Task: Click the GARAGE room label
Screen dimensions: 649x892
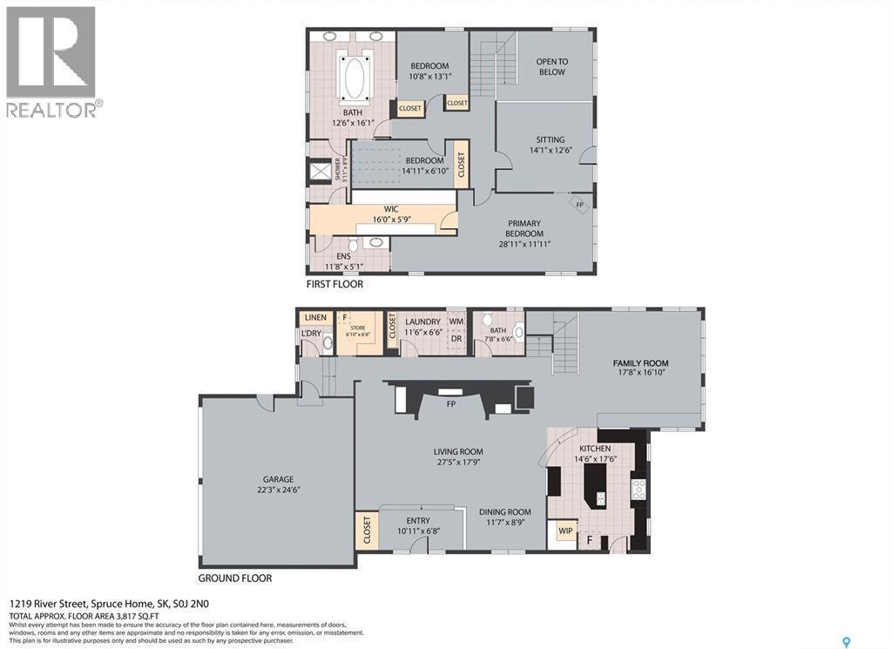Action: [x=279, y=479]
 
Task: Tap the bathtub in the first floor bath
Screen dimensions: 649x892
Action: [x=355, y=80]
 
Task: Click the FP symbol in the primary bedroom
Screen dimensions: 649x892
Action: [x=579, y=204]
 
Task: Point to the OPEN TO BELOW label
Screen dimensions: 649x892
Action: [x=551, y=66]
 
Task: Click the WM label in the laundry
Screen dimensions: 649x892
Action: [x=456, y=322]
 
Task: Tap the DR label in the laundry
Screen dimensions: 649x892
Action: [x=456, y=338]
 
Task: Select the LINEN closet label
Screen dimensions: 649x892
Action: [x=314, y=318]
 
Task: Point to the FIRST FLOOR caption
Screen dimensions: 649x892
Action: [x=334, y=284]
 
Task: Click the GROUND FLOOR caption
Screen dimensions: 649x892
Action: [x=235, y=578]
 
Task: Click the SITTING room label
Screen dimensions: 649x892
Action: [x=550, y=139]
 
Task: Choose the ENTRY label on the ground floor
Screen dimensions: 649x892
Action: [x=417, y=521]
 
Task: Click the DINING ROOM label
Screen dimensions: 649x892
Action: [x=505, y=512]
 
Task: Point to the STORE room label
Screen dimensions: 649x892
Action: [x=358, y=328]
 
